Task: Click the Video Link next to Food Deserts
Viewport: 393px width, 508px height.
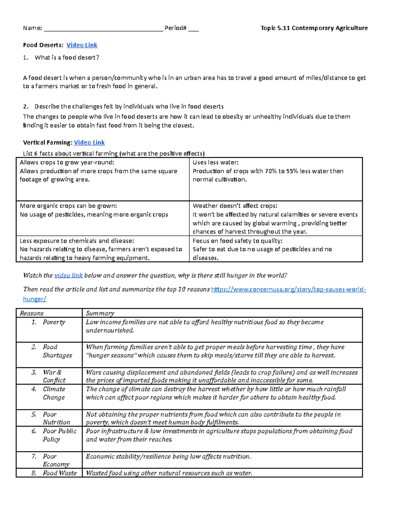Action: point(82,45)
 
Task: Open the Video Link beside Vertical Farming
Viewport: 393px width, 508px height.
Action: point(89,143)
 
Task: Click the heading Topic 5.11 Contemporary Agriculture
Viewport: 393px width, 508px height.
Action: point(314,28)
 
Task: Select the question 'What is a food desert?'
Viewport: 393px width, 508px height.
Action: point(67,58)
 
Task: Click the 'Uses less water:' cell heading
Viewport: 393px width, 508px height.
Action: point(215,163)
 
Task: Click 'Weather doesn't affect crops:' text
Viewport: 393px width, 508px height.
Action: point(235,206)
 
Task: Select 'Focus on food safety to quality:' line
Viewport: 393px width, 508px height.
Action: point(237,241)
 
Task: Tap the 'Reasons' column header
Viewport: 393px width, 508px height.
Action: point(32,313)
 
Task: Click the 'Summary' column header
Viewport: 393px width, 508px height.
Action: point(100,313)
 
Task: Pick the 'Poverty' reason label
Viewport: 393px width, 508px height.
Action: point(54,322)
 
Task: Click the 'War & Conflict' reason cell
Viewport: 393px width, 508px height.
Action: point(54,376)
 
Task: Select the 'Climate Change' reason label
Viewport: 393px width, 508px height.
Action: point(54,393)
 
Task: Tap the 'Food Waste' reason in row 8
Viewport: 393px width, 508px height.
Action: point(60,473)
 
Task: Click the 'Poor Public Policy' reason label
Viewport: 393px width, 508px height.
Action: point(59,435)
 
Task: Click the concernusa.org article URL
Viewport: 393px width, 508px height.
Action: point(288,289)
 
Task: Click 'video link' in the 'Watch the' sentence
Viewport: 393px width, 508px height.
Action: point(68,275)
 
